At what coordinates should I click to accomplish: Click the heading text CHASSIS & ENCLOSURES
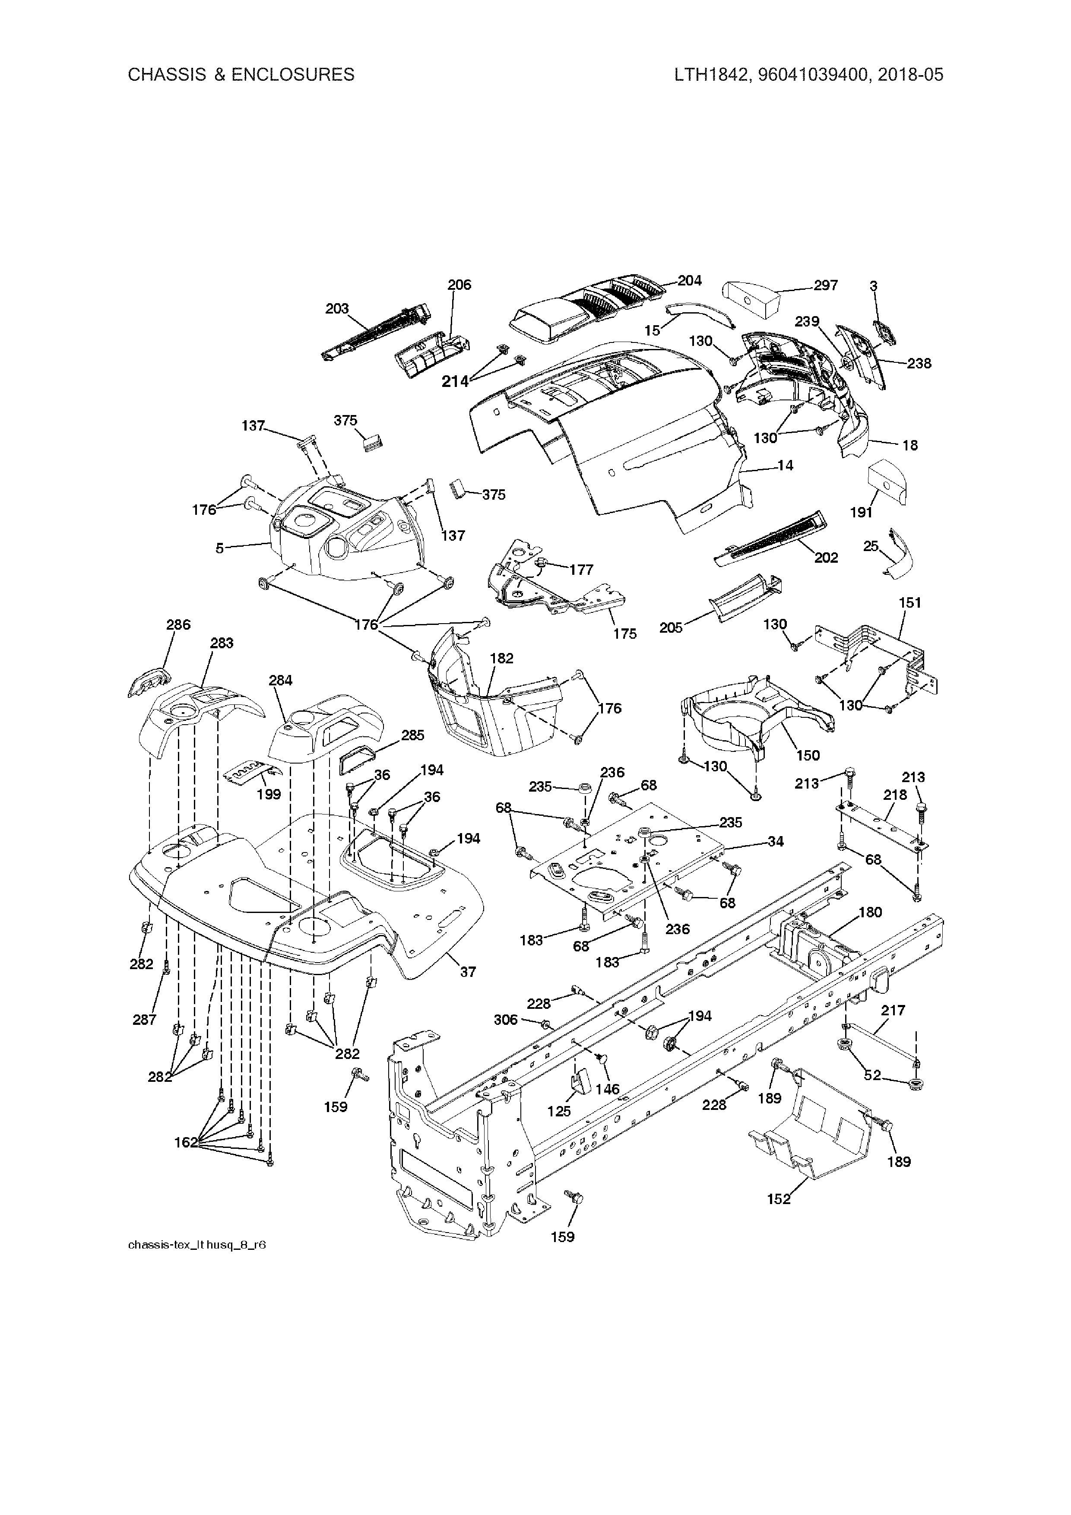click(241, 75)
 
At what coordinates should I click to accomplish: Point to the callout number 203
click(337, 309)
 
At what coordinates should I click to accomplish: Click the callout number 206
click(459, 285)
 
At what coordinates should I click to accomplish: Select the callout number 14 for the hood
click(785, 466)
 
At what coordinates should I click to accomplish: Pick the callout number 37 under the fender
click(467, 972)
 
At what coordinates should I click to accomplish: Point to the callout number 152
click(779, 1199)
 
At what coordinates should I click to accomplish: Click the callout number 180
click(870, 913)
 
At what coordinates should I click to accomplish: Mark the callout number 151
click(910, 602)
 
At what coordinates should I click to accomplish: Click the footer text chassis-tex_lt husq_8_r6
click(196, 1245)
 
